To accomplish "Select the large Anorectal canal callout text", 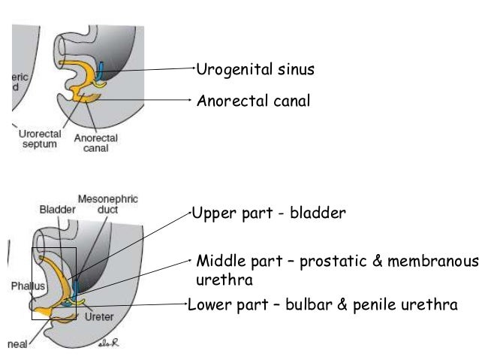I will (x=253, y=100).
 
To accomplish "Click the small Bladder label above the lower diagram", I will (x=57, y=210).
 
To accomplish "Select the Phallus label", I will (x=25, y=286).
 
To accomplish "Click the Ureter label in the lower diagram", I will (x=99, y=317).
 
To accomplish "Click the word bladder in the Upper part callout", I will (x=320, y=213).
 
